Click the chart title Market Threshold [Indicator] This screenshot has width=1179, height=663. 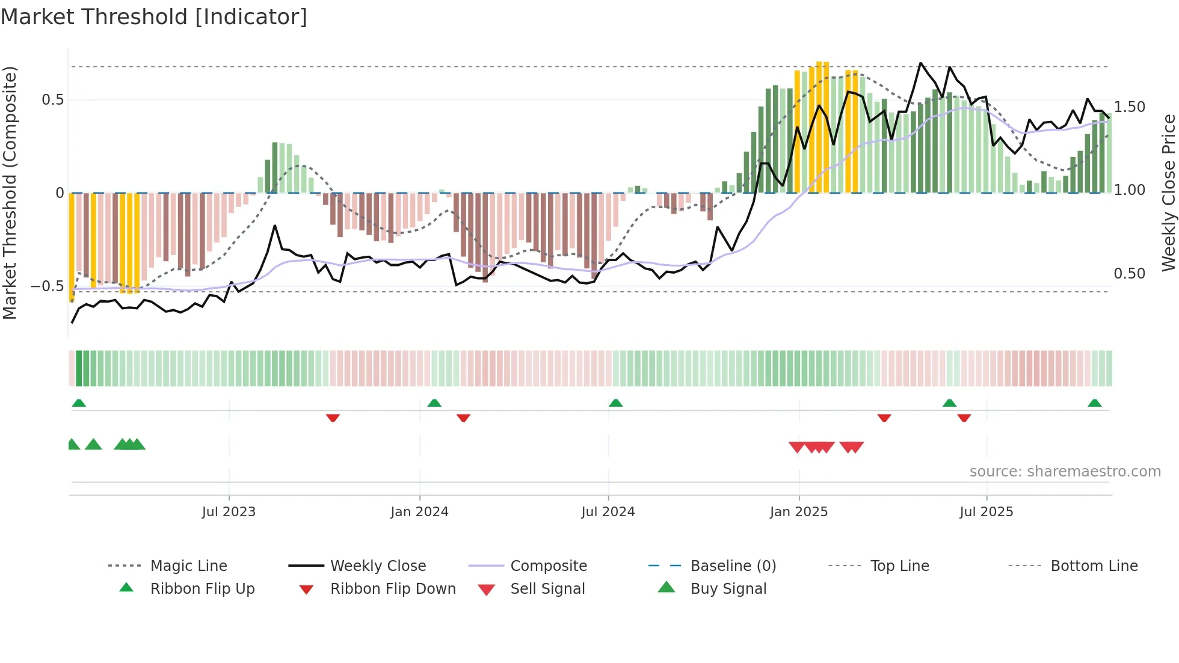click(x=154, y=17)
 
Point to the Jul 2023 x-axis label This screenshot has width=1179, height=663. click(x=229, y=512)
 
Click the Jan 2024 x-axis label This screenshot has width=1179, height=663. click(x=419, y=512)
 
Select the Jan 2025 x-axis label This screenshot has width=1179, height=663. click(x=799, y=512)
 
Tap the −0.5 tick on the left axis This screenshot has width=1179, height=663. click(x=48, y=286)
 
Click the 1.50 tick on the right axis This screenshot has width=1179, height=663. click(x=1129, y=107)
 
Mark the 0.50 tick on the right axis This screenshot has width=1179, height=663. click(x=1129, y=274)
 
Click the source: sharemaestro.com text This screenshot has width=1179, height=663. click(x=1065, y=472)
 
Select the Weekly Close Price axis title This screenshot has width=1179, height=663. click(x=1168, y=193)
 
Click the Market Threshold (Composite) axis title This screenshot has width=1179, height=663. click(x=10, y=193)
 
